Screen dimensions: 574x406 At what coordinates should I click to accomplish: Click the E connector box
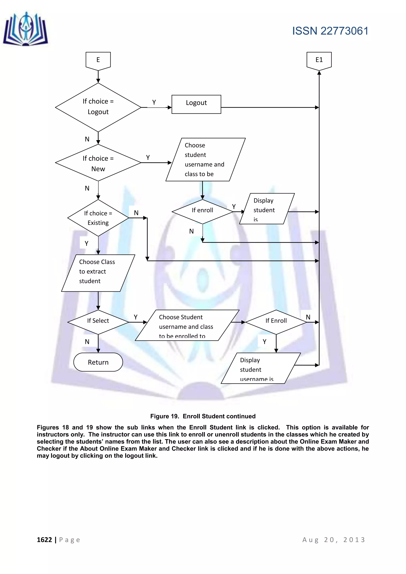[98, 60]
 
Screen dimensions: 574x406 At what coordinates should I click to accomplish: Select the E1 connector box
[319, 60]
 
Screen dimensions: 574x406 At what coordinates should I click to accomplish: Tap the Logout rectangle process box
[196, 104]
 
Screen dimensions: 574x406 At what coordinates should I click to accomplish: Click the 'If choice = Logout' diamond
[98, 107]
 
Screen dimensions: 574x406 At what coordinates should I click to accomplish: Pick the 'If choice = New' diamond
[98, 163]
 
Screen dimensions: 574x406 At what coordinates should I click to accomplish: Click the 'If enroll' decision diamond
[202, 211]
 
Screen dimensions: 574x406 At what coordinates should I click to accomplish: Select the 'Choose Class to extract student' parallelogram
[98, 273]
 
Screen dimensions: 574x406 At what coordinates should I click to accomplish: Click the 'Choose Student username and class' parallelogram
[187, 325]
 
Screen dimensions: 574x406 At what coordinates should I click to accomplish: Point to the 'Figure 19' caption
[203, 416]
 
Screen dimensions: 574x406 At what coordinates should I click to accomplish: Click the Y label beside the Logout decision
[154, 102]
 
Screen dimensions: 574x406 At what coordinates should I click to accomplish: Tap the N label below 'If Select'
[87, 342]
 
